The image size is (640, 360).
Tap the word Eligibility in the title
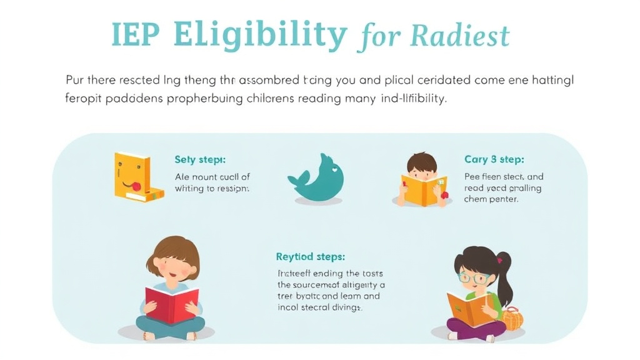point(261,36)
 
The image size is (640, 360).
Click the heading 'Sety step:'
point(200,160)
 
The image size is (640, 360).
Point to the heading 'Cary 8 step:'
point(494,159)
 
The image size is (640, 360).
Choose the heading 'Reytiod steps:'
point(310,257)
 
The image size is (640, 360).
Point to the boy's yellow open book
point(424,189)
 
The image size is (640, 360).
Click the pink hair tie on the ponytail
point(499,259)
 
